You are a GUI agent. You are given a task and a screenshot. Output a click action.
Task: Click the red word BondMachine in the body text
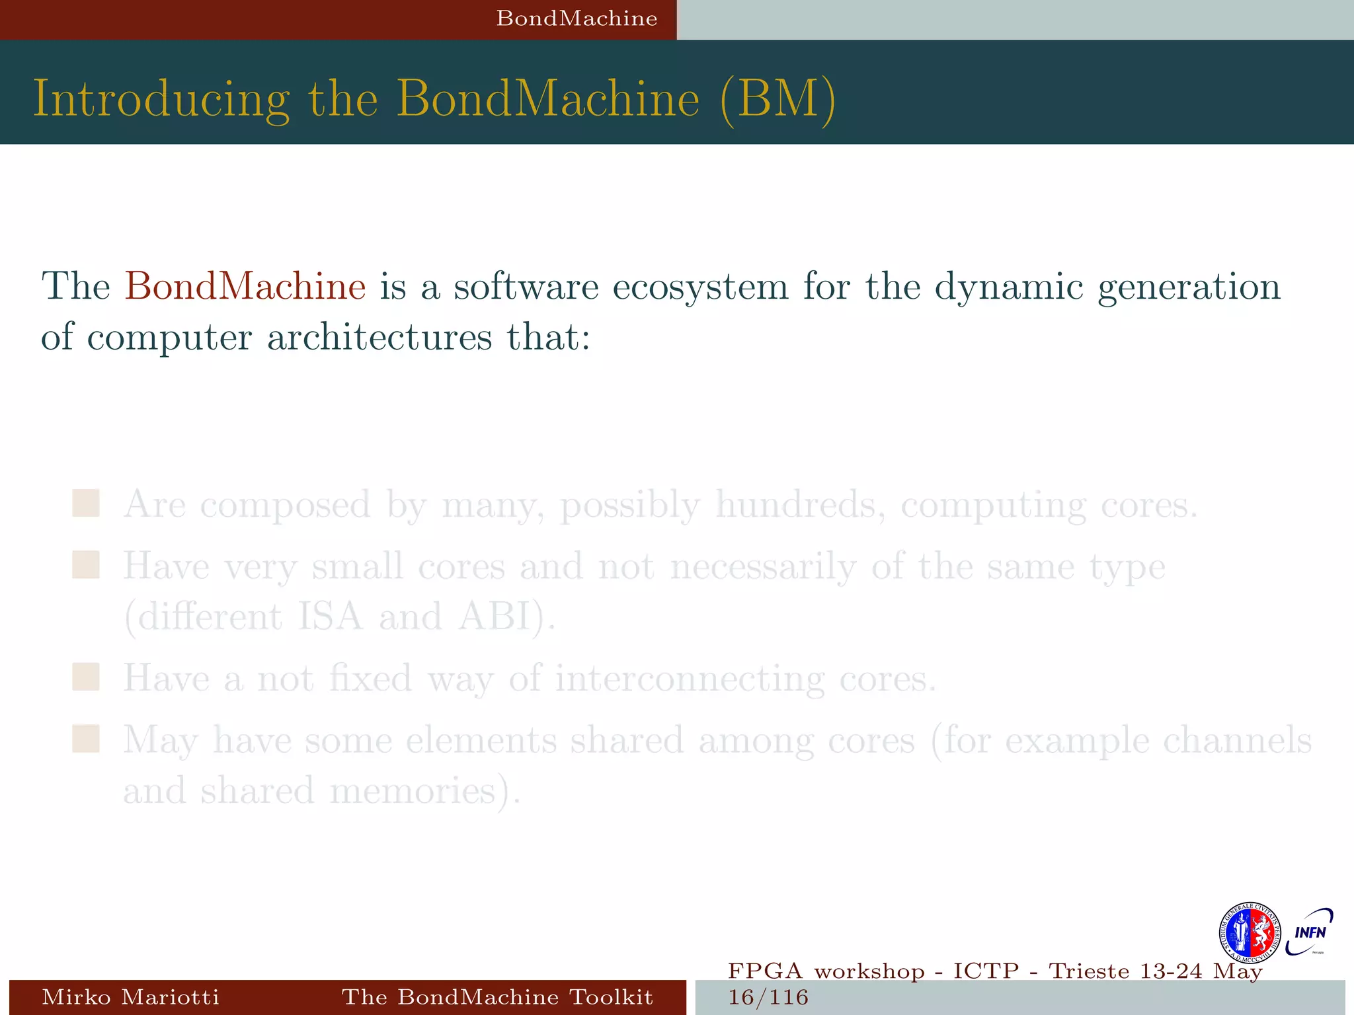coord(245,287)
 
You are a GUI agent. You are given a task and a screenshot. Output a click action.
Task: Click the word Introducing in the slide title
coord(161,99)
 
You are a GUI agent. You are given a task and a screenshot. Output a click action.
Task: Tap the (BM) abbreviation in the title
coord(777,99)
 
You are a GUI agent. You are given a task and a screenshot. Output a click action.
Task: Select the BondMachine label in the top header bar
coord(577,19)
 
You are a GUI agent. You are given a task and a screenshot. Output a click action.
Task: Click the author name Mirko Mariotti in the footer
coord(130,996)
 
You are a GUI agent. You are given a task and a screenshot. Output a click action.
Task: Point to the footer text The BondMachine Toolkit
coord(497,996)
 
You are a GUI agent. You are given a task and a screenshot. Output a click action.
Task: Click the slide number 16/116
coord(768,997)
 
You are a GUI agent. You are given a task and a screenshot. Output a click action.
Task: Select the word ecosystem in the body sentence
coord(700,287)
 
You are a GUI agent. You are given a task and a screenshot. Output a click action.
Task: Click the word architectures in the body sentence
coord(379,337)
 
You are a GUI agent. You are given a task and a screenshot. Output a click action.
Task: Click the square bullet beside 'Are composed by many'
coord(86,504)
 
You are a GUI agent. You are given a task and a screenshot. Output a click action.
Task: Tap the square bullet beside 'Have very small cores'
coord(86,566)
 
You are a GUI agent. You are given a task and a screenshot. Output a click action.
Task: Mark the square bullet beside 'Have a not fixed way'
coord(86,677)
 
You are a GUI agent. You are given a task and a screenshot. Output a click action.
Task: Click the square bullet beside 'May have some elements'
coord(86,739)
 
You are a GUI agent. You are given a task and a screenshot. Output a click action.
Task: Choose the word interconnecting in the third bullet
coord(690,679)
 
